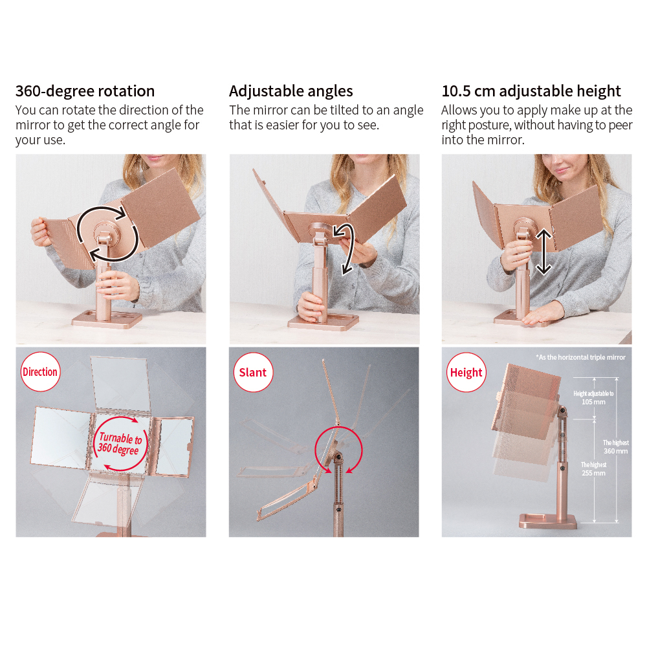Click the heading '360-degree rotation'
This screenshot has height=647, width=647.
coord(85,91)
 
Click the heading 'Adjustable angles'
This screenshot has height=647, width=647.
coord(291,91)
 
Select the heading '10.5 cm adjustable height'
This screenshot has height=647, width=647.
coord(531,91)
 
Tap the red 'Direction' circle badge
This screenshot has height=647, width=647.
coord(40,372)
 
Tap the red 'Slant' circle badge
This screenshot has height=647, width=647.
coord(253,372)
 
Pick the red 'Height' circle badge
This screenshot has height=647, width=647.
coord(466,372)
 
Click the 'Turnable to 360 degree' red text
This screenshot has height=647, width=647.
coord(120,443)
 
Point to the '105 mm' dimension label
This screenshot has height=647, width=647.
coord(593,402)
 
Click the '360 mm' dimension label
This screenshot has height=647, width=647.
coord(616,451)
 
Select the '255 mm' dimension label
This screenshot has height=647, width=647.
coord(593,473)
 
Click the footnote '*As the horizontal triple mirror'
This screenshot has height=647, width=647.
coord(580,357)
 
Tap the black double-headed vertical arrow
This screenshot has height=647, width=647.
coord(543,252)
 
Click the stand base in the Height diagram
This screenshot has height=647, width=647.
coord(548,521)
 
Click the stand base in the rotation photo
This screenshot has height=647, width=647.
coord(107,319)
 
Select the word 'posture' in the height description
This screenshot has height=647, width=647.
coord(489,125)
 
